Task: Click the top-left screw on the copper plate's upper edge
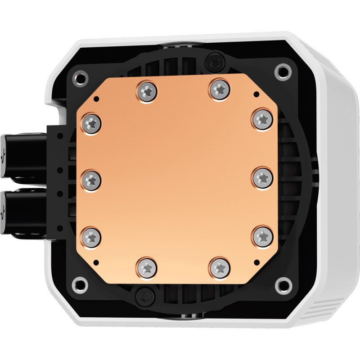pos(146,91)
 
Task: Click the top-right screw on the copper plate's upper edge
pos(219,89)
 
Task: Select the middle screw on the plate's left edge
pos(92,180)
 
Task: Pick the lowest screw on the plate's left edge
pos(92,236)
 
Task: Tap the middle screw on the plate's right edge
pos(261,177)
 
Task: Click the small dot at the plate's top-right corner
pos(256,94)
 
